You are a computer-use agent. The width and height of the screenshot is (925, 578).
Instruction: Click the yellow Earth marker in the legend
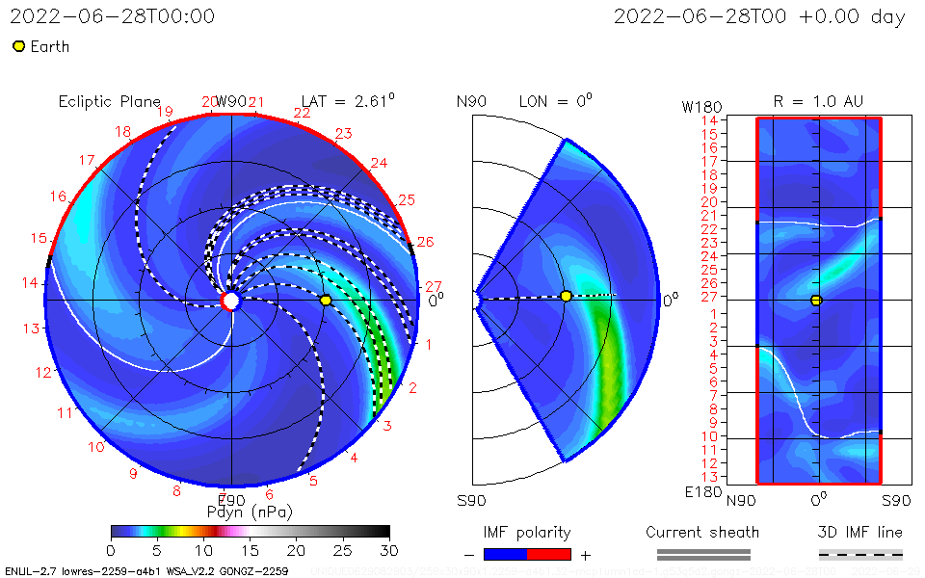point(18,46)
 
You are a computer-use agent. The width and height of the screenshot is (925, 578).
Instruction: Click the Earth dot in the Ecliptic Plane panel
point(326,301)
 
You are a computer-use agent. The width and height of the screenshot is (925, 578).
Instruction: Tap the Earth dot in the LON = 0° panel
point(566,296)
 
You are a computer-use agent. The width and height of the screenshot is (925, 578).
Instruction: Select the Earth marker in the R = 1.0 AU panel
point(816,301)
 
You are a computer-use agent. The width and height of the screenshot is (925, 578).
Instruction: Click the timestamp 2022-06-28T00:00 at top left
point(112,16)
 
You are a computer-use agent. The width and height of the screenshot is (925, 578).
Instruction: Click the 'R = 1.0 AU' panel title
point(818,101)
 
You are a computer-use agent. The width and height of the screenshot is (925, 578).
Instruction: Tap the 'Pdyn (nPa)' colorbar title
point(250,512)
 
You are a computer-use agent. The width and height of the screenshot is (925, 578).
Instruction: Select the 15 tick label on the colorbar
point(250,549)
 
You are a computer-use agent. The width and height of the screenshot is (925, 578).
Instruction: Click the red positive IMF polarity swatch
point(549,554)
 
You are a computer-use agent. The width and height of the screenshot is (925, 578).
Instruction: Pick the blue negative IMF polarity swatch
point(505,554)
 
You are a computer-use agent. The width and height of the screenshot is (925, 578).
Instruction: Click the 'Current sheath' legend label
point(702,532)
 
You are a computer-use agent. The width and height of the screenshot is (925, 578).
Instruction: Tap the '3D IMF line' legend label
point(860,532)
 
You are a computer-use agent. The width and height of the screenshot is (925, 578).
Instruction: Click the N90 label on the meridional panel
point(472,101)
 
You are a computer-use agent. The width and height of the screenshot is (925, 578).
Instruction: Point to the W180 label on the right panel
point(700,105)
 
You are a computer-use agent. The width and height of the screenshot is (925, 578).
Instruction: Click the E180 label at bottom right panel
point(700,492)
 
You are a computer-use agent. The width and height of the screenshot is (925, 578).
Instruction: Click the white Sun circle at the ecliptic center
point(231,301)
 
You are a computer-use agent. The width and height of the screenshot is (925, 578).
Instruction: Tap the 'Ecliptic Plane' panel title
point(109,101)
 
